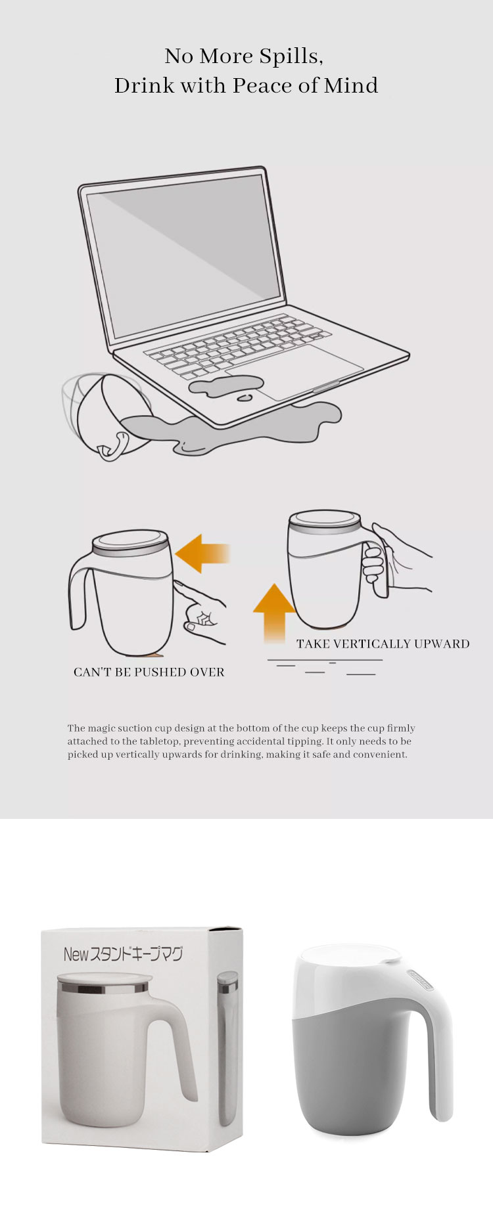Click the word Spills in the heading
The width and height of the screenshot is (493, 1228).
point(291,57)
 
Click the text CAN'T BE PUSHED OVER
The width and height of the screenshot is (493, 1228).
point(149,672)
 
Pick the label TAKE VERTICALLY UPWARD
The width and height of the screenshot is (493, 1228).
point(383,644)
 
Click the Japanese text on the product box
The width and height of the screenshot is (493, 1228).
point(123,954)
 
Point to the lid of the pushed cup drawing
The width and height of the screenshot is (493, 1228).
point(130,544)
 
